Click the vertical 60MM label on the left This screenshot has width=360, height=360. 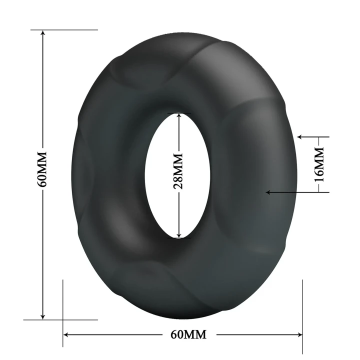(x=42, y=168)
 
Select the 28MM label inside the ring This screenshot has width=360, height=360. (x=178, y=171)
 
